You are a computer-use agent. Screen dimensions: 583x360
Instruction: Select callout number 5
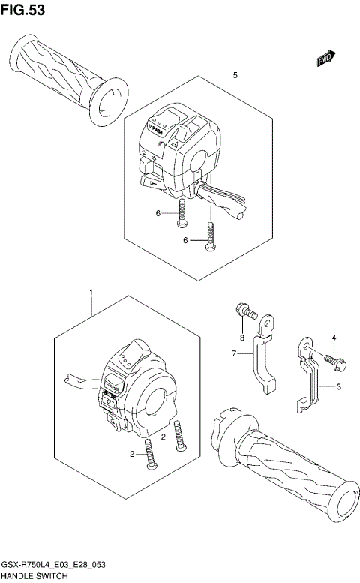point(235,76)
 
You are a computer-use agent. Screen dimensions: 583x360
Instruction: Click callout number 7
point(234,353)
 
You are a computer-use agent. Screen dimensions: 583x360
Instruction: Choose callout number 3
point(338,386)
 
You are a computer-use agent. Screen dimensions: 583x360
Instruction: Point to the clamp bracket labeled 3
point(307,379)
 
